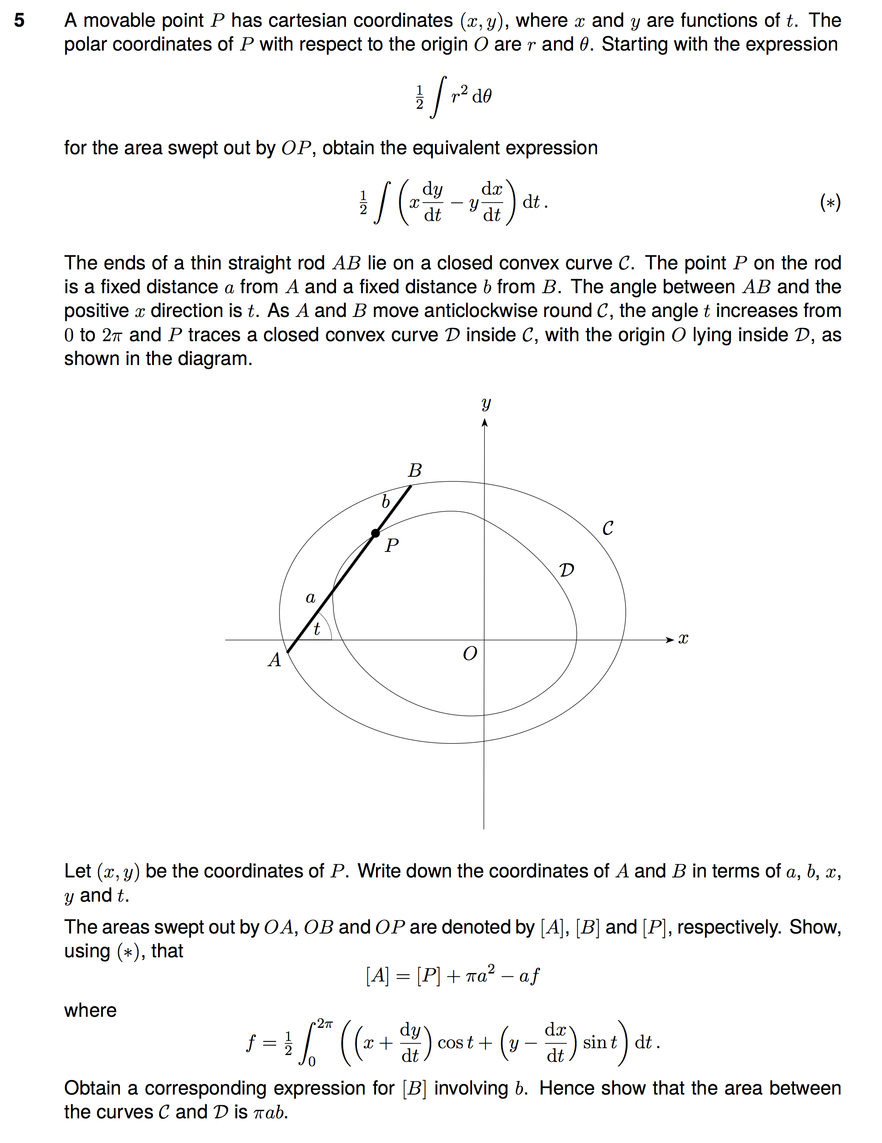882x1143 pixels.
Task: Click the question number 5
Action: (x=20, y=20)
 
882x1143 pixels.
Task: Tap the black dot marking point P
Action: (x=375, y=533)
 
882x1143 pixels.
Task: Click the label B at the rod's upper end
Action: (x=415, y=470)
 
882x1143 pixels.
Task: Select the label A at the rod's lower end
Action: (x=275, y=660)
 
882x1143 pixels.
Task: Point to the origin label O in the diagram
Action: (x=470, y=654)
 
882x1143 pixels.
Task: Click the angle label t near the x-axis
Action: (x=317, y=628)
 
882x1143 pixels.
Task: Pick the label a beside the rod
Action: (x=311, y=597)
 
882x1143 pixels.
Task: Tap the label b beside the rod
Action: (x=386, y=502)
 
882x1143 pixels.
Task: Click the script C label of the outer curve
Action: (x=608, y=528)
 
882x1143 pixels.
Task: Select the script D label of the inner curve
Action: (x=566, y=570)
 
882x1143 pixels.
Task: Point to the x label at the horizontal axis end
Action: (x=683, y=639)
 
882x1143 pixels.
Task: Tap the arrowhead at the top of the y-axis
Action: (x=485, y=422)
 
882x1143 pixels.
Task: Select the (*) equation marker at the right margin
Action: (x=830, y=203)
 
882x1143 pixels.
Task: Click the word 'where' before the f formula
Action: (x=90, y=1010)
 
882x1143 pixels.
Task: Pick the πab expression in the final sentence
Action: (x=271, y=1112)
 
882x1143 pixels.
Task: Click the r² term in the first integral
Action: (x=459, y=95)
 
